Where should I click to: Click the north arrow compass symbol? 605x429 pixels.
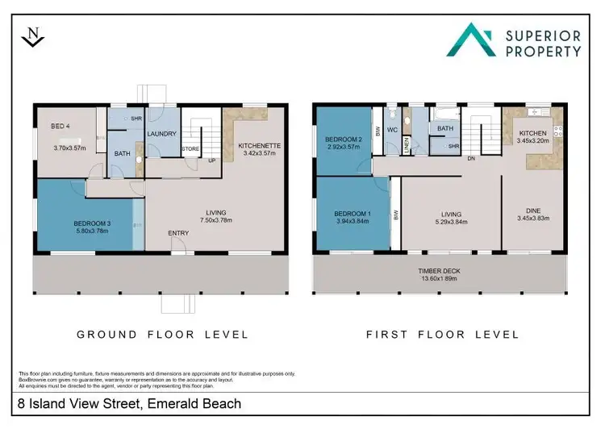[31, 37]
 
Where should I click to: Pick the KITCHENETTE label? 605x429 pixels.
[259, 144]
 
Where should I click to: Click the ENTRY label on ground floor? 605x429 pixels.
[179, 233]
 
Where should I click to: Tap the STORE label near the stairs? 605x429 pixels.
[190, 148]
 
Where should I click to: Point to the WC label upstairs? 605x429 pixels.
[392, 129]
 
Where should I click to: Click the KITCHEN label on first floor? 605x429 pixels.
[533, 133]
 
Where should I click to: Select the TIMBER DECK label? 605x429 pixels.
[440, 272]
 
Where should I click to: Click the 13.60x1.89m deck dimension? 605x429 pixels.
[440, 280]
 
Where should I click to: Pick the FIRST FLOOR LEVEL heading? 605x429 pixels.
[441, 334]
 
